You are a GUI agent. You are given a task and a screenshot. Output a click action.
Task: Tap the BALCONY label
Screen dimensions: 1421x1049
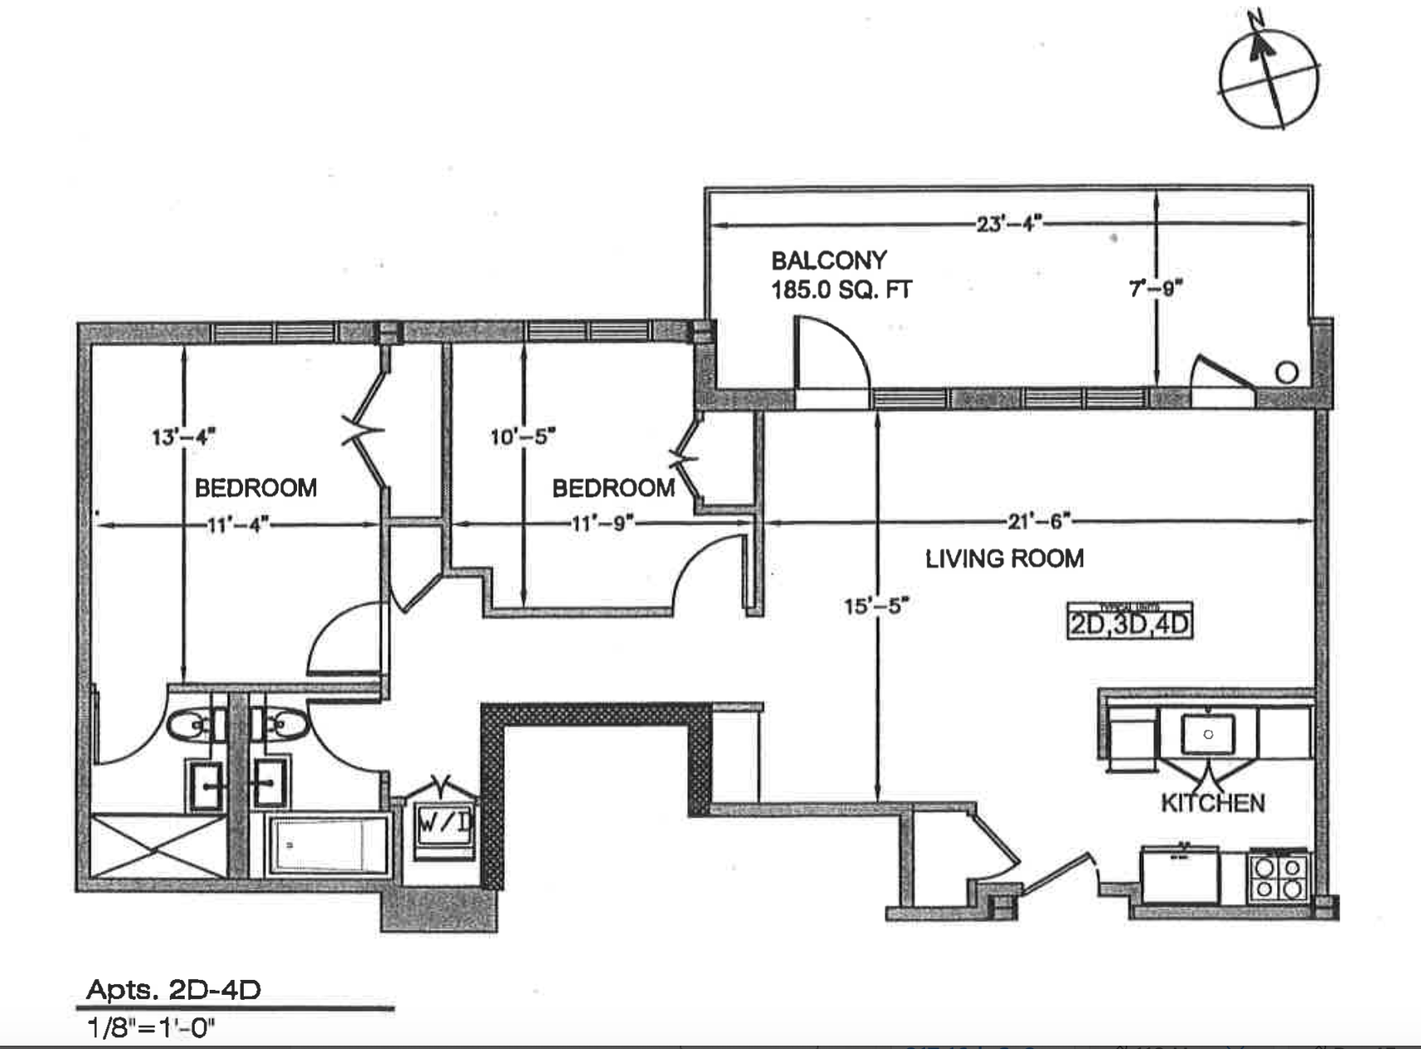coord(829,261)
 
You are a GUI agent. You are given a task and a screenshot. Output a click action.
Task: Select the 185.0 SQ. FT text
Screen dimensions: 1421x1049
coord(841,290)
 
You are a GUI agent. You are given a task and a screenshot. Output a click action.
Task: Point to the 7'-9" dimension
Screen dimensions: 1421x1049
coord(1156,289)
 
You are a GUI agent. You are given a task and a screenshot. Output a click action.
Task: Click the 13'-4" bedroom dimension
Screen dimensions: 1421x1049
coord(183,436)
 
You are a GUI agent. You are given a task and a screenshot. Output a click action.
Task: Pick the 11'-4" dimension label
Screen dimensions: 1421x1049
coord(238,524)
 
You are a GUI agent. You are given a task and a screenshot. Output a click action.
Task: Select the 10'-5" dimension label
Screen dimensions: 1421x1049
coord(522,435)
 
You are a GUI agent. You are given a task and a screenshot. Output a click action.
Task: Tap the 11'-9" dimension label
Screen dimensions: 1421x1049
coord(602,524)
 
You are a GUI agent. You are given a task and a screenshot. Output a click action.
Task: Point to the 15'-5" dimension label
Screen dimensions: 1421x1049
coord(875,605)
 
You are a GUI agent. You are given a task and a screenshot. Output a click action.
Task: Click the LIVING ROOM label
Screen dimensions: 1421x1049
coord(1004,558)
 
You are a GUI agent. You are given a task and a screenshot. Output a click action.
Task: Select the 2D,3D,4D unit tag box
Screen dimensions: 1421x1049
coord(1130,622)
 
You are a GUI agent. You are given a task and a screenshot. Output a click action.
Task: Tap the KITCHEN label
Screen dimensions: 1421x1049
coord(1212,803)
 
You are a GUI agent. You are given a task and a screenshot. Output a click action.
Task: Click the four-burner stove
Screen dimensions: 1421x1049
coord(1278,877)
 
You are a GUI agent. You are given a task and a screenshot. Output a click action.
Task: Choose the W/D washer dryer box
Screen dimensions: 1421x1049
coord(444,824)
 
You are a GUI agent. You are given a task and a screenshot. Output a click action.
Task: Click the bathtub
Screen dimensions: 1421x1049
coord(328,845)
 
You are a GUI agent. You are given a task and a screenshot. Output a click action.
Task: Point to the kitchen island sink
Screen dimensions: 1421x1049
coord(1208,734)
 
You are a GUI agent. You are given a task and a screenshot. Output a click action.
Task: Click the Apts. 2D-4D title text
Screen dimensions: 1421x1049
coord(174,990)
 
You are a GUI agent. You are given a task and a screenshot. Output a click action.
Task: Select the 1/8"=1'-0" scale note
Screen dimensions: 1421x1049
coord(151,1028)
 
